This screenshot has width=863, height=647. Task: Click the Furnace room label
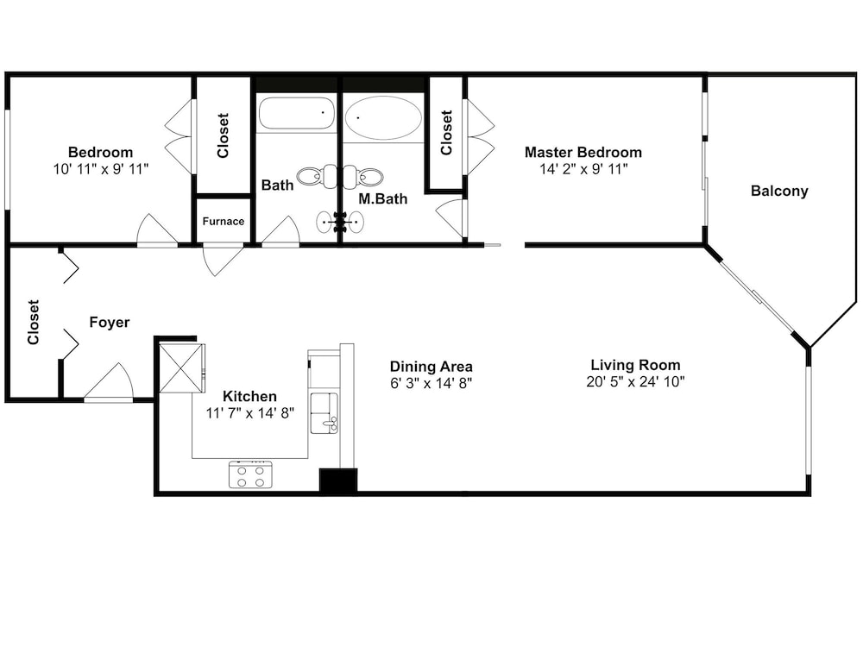(x=223, y=221)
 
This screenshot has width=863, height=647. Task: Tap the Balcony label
(x=779, y=191)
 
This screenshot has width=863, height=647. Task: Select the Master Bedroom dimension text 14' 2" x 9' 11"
(x=583, y=169)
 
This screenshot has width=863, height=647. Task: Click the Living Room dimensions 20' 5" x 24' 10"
(x=635, y=381)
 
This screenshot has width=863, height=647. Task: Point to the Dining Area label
(x=431, y=367)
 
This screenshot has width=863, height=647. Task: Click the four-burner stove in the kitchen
(x=250, y=475)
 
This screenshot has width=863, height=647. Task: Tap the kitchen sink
(x=324, y=413)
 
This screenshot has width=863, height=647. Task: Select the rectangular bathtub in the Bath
(x=296, y=113)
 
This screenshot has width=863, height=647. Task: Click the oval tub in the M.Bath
(x=383, y=117)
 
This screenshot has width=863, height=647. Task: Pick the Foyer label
(x=110, y=322)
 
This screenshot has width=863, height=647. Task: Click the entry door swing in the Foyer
(x=110, y=382)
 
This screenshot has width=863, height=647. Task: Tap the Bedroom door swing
(x=157, y=230)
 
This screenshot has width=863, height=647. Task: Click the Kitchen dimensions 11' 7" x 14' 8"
(x=250, y=413)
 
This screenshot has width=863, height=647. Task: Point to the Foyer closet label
(x=34, y=322)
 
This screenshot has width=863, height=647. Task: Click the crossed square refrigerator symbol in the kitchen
(x=181, y=367)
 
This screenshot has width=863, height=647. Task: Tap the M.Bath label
(x=383, y=198)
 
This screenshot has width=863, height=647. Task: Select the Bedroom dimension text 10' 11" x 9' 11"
(x=101, y=169)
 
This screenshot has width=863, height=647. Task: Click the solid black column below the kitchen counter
(x=338, y=481)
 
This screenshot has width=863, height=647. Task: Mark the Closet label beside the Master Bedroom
(x=446, y=133)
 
